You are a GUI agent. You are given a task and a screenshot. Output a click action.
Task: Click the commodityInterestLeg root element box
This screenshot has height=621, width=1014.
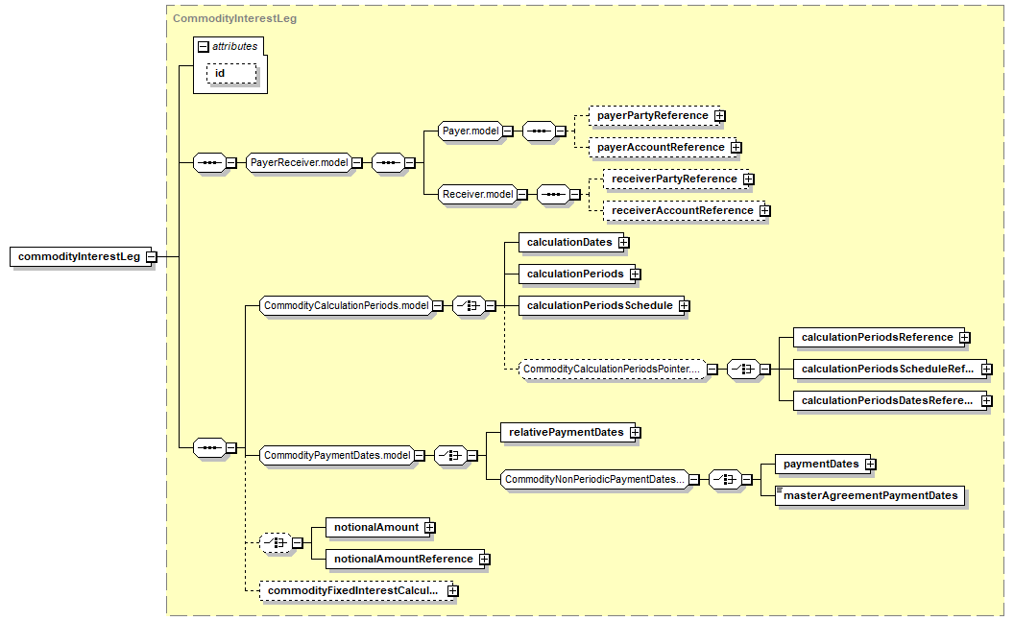(x=79, y=256)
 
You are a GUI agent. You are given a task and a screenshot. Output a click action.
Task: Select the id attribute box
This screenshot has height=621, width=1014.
(x=231, y=74)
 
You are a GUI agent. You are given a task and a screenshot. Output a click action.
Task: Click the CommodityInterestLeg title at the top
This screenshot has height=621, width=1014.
(x=234, y=18)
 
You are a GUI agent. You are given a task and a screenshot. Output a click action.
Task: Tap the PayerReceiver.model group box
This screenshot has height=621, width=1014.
(x=299, y=163)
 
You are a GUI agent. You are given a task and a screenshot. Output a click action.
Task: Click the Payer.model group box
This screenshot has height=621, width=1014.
(x=471, y=131)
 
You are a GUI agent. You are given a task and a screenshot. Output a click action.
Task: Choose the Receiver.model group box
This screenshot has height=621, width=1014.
(x=477, y=195)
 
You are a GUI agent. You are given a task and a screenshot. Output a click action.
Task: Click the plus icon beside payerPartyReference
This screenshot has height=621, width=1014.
(x=720, y=116)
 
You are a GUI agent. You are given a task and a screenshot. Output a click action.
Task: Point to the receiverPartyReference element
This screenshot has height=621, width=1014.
(x=675, y=179)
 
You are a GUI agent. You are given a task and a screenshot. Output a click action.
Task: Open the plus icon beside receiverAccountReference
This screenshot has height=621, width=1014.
(x=765, y=210)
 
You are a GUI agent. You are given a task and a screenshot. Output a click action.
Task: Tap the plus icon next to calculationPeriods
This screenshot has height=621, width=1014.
(x=635, y=274)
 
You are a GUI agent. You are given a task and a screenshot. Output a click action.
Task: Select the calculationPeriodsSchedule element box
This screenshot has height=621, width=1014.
(x=601, y=305)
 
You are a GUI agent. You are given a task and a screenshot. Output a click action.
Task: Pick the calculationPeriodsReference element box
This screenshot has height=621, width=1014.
(x=879, y=337)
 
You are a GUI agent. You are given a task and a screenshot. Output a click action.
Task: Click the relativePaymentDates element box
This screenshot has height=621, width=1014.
(x=567, y=432)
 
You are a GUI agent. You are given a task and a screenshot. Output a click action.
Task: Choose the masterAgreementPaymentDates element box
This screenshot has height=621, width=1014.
(x=870, y=495)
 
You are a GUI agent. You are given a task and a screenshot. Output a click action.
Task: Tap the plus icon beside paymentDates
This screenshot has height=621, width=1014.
(x=870, y=464)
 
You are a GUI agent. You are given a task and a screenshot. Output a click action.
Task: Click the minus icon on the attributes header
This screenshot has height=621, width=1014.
(x=203, y=46)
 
